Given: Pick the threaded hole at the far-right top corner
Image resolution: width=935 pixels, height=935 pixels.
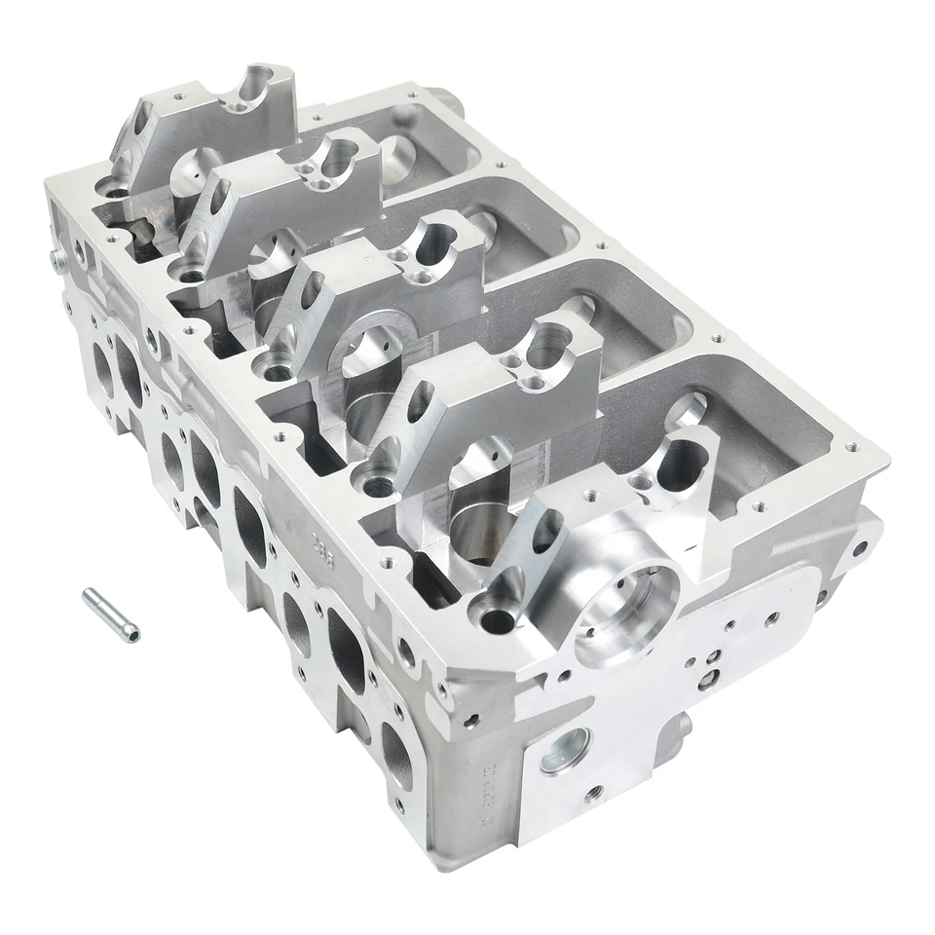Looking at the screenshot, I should [852, 447].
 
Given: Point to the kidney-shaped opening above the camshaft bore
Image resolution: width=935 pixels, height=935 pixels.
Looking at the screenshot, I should [683, 464].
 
